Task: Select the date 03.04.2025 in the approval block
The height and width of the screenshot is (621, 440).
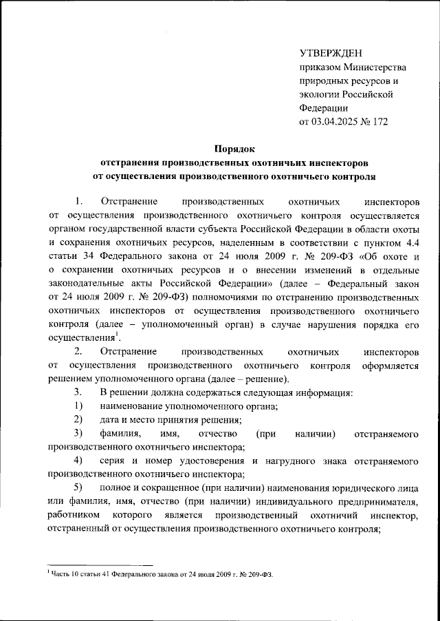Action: (x=338, y=122)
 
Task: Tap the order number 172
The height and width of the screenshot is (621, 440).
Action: (x=379, y=122)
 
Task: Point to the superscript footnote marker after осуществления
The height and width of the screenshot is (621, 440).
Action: (x=117, y=335)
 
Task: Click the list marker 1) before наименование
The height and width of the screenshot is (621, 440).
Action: (x=79, y=406)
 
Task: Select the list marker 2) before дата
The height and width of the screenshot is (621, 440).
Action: (x=79, y=420)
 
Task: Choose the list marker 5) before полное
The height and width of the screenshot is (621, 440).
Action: (x=79, y=487)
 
